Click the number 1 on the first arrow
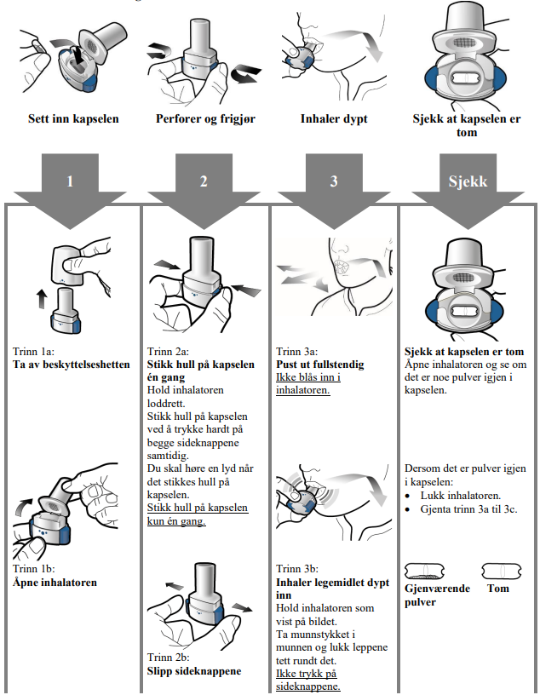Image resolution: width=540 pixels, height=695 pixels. pyautogui.click(x=72, y=181)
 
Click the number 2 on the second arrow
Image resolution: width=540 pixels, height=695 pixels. pyautogui.click(x=204, y=181)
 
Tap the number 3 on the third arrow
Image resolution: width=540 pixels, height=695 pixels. pyautogui.click(x=335, y=181)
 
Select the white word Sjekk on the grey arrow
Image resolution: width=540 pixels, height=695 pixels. pyautogui.click(x=468, y=181)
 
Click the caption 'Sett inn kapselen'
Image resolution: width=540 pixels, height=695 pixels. pyautogui.click(x=73, y=118)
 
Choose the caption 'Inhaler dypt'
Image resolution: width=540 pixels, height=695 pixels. pyautogui.click(x=335, y=118)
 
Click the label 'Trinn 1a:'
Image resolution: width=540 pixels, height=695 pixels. pyautogui.click(x=37, y=351)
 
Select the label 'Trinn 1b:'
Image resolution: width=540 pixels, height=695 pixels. pyautogui.click(x=37, y=570)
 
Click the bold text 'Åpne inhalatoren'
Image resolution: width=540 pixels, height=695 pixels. pyautogui.click(x=55, y=583)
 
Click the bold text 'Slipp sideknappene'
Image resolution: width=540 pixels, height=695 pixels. pyautogui.click(x=194, y=670)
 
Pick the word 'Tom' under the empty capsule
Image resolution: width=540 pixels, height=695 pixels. pyautogui.click(x=497, y=589)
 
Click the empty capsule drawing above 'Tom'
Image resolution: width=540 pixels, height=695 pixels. pyautogui.click(x=501, y=571)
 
